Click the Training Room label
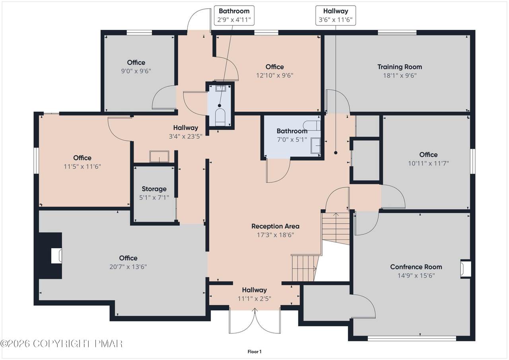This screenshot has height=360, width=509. tap(400, 67)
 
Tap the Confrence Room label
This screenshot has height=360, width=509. tap(416, 267)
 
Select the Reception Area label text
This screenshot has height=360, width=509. tap(275, 226)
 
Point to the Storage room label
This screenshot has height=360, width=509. tap(154, 189)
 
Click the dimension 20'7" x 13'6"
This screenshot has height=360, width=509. tap(128, 267)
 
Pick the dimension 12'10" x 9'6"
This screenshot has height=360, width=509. tap(275, 75)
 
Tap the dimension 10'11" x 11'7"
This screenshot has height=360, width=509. tap(428, 163)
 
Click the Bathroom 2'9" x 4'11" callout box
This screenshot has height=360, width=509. tap(234, 15)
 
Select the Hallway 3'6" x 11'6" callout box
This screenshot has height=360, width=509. tap(336, 15)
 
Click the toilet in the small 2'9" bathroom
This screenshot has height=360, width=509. tap(220, 117)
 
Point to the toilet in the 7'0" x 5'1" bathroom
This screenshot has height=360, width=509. tap(311, 125)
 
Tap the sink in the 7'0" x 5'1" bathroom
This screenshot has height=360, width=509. tap(315, 146)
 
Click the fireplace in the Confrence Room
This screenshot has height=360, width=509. tap(465, 269)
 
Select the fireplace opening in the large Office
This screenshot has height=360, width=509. tap(56, 256)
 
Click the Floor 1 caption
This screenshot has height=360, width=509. tap(254, 352)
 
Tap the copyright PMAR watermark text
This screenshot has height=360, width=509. tap(61, 344)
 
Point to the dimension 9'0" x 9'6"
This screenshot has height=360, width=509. tap(136, 71)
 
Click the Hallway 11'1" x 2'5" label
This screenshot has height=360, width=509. tap(254, 294)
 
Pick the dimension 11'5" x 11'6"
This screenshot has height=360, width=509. tap(82, 166)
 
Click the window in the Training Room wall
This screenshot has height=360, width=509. tap(397, 33)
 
